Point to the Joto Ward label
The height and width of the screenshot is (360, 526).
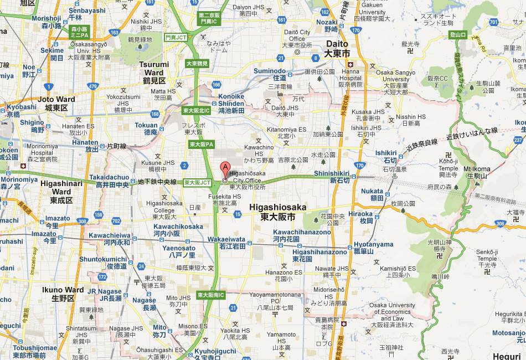click(x=57, y=104)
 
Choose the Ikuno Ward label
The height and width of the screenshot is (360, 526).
click(x=63, y=294)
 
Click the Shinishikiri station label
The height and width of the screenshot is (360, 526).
click(x=332, y=177)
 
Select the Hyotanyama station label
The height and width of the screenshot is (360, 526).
click(x=373, y=248)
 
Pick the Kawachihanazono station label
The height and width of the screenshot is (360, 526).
click(x=301, y=235)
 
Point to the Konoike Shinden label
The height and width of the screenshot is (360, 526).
click(x=231, y=104)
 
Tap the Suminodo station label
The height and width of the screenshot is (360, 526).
click(x=270, y=74)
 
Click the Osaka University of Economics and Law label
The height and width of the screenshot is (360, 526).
click(x=392, y=312)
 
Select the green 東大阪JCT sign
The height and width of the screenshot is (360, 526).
click(x=198, y=182)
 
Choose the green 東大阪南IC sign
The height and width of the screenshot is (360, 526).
click(x=211, y=295)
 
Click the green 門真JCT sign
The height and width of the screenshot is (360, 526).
click(x=176, y=37)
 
